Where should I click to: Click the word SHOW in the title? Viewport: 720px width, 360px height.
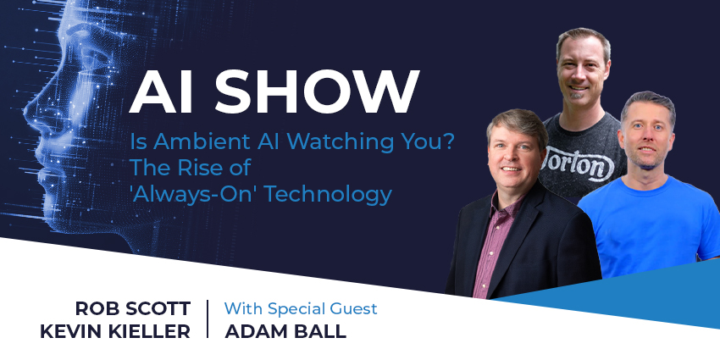point(317,91)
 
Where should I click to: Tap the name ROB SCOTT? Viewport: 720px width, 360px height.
point(133,308)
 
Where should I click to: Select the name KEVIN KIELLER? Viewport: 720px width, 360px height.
point(115,331)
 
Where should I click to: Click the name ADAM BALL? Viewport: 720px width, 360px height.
point(285,331)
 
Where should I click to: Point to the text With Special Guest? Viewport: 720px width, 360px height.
point(301,308)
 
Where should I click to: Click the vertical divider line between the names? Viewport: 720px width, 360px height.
point(208,319)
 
